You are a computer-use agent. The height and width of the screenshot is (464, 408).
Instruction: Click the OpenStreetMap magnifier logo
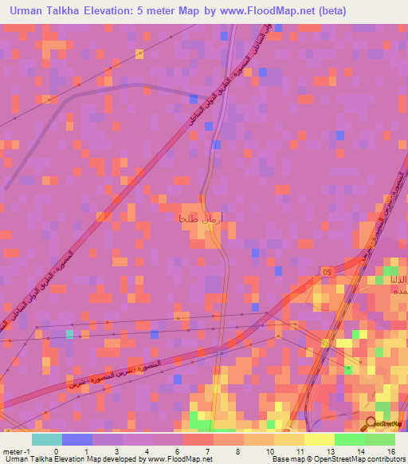pos(371,423)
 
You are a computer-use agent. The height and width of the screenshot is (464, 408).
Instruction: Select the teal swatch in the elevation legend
pos(47,439)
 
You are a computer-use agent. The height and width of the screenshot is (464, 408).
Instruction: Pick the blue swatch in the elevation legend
pos(77,439)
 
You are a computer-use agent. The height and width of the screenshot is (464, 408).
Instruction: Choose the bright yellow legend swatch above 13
pos(319,439)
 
